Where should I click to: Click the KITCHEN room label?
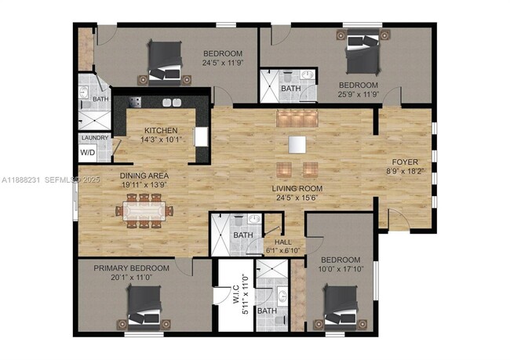tap(161, 130)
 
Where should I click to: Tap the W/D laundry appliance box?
tap(87, 152)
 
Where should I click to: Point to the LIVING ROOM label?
tap(298, 189)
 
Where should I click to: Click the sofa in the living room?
tap(297, 118)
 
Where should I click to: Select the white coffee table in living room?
tap(297, 145)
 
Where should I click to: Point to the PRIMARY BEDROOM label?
tap(126, 268)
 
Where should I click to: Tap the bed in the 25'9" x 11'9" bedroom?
tap(361, 53)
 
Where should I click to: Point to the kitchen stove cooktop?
tap(133, 102)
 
